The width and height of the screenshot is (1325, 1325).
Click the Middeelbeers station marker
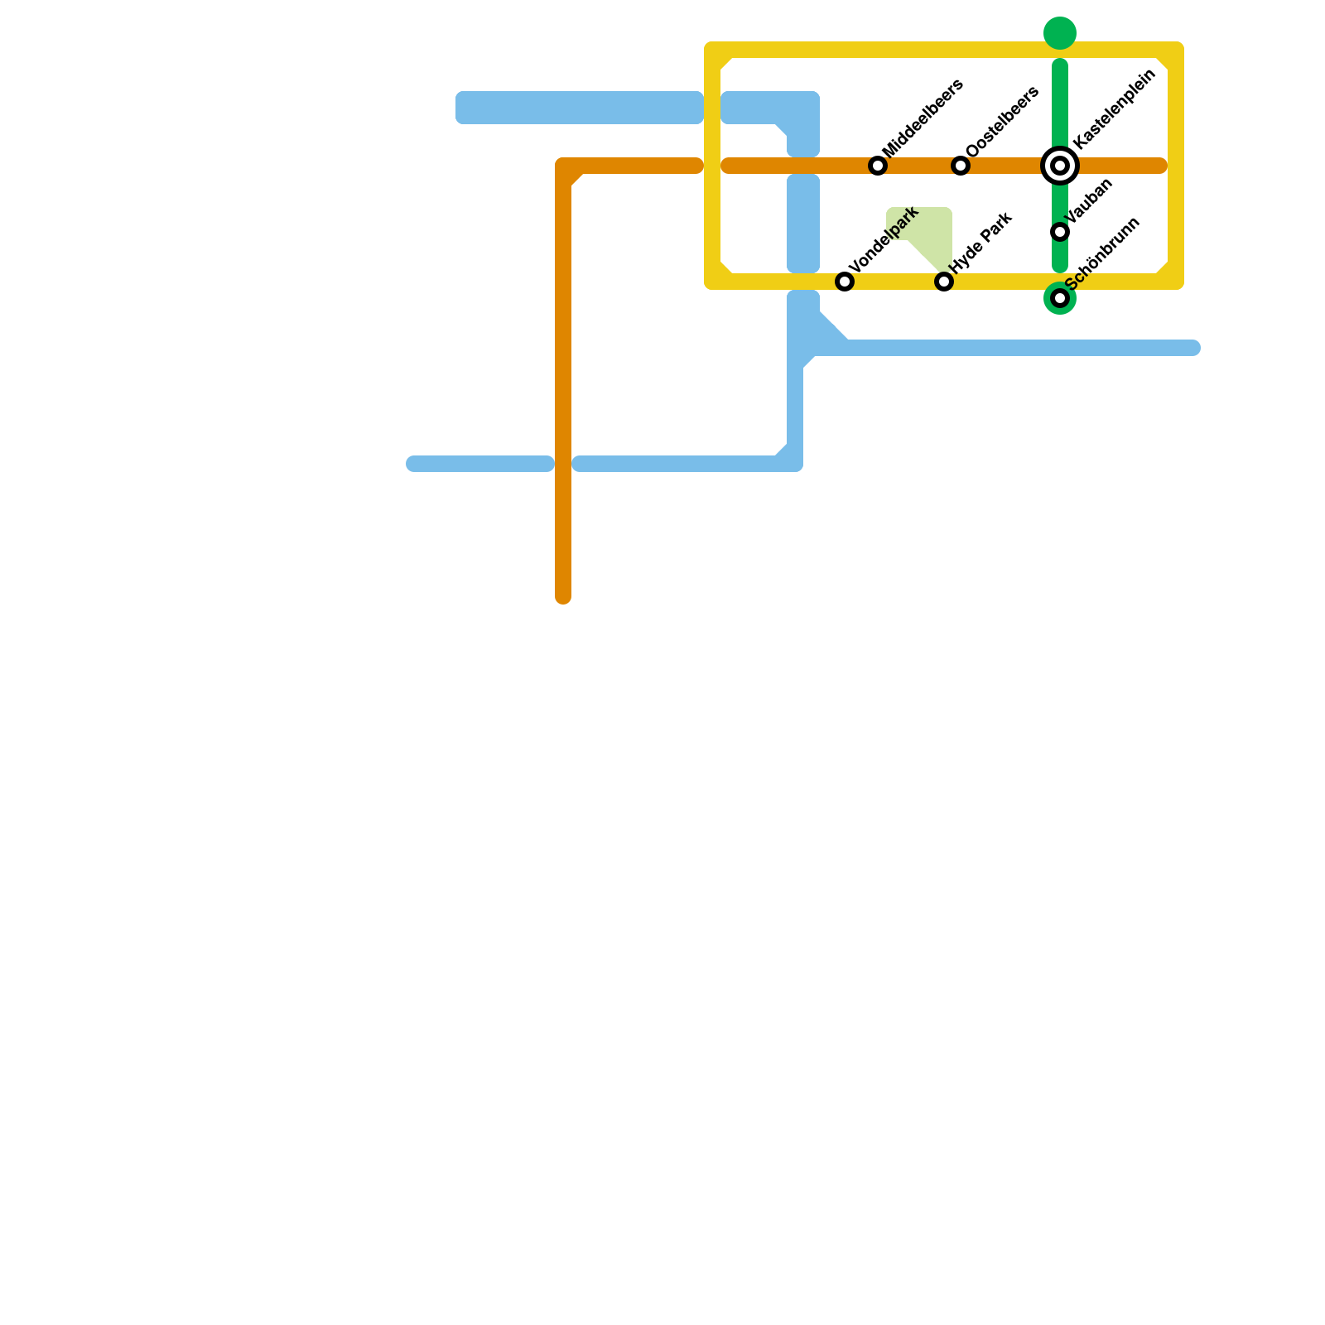tap(878, 166)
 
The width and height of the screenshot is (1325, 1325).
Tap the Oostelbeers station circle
tap(961, 166)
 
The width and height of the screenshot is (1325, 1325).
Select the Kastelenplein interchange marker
tap(1060, 166)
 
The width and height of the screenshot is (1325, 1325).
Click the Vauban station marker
tap(1060, 232)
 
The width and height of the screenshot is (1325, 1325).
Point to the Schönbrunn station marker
tap(1060, 298)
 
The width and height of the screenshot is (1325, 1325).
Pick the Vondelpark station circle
tap(845, 282)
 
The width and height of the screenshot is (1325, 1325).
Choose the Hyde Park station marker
tap(944, 282)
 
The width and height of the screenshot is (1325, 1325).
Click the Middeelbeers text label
tap(923, 117)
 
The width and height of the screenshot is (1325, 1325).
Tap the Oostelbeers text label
tap(1002, 121)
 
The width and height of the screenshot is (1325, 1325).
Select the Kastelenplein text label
tap(1114, 108)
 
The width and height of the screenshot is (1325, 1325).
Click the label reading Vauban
tap(1090, 201)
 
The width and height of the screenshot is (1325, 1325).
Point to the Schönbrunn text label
tap(1103, 253)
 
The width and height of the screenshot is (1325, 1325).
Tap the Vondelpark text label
tap(884, 239)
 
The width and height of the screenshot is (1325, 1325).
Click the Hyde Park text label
tap(981, 243)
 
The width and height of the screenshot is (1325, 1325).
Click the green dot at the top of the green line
tap(1060, 33)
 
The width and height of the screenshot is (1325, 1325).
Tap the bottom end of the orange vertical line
tap(563, 596)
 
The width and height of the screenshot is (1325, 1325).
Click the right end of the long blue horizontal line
tap(1192, 348)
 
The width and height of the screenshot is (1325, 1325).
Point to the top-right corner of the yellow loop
tap(1175, 51)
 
